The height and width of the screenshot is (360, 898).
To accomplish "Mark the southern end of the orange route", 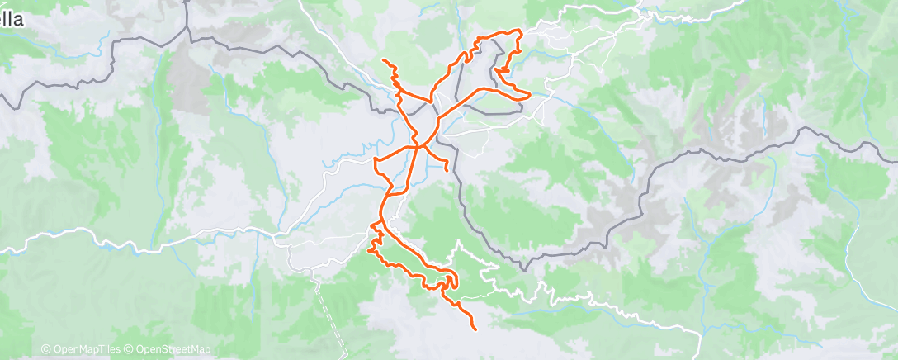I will tap(475, 329).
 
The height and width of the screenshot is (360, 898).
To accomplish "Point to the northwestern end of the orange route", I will tap(383, 60).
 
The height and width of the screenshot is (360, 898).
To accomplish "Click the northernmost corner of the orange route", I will tap(518, 31).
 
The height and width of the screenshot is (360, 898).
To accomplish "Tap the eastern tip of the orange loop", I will tap(526, 97).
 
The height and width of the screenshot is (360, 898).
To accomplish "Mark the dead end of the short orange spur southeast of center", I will tap(447, 171).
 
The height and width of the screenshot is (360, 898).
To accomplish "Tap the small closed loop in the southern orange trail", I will tap(447, 283).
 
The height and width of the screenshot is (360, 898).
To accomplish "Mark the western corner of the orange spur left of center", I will tap(376, 159).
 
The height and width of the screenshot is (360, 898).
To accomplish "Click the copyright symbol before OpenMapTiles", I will tap(46, 350).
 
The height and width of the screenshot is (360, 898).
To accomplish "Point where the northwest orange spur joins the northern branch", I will tap(399, 94).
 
